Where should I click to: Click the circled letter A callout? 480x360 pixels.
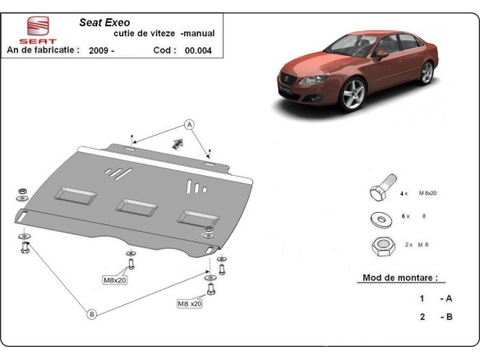(188, 125)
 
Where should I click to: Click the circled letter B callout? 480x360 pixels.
(91, 312)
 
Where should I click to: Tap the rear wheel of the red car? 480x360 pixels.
(426, 73)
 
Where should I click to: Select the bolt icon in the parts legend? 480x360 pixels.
(380, 192)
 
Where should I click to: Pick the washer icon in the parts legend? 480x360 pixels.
(380, 219)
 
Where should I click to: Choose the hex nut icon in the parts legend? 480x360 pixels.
(380, 245)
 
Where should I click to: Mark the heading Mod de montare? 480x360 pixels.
(399, 278)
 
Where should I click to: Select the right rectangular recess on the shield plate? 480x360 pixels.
(195, 216)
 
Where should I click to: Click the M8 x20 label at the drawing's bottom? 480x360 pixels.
(190, 303)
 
